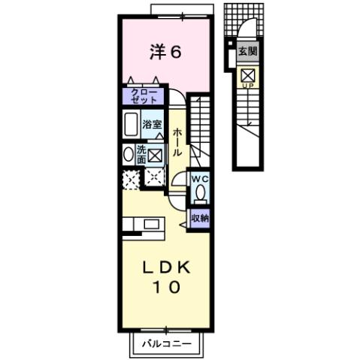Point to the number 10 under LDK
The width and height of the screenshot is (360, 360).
pos(168,287)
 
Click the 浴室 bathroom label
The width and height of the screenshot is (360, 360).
pos(153,124)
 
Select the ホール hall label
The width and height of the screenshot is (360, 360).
pos(177,141)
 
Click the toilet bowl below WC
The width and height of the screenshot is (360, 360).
pos(199,192)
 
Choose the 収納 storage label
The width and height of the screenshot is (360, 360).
pos(199,218)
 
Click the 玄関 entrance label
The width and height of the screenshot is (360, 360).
pos(247,53)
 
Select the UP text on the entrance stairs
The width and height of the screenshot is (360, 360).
pos(247,86)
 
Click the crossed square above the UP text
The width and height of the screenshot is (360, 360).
pos(247,74)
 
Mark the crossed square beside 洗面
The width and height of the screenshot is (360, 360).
pos(156,156)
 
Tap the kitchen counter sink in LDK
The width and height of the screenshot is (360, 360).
pos(151,224)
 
